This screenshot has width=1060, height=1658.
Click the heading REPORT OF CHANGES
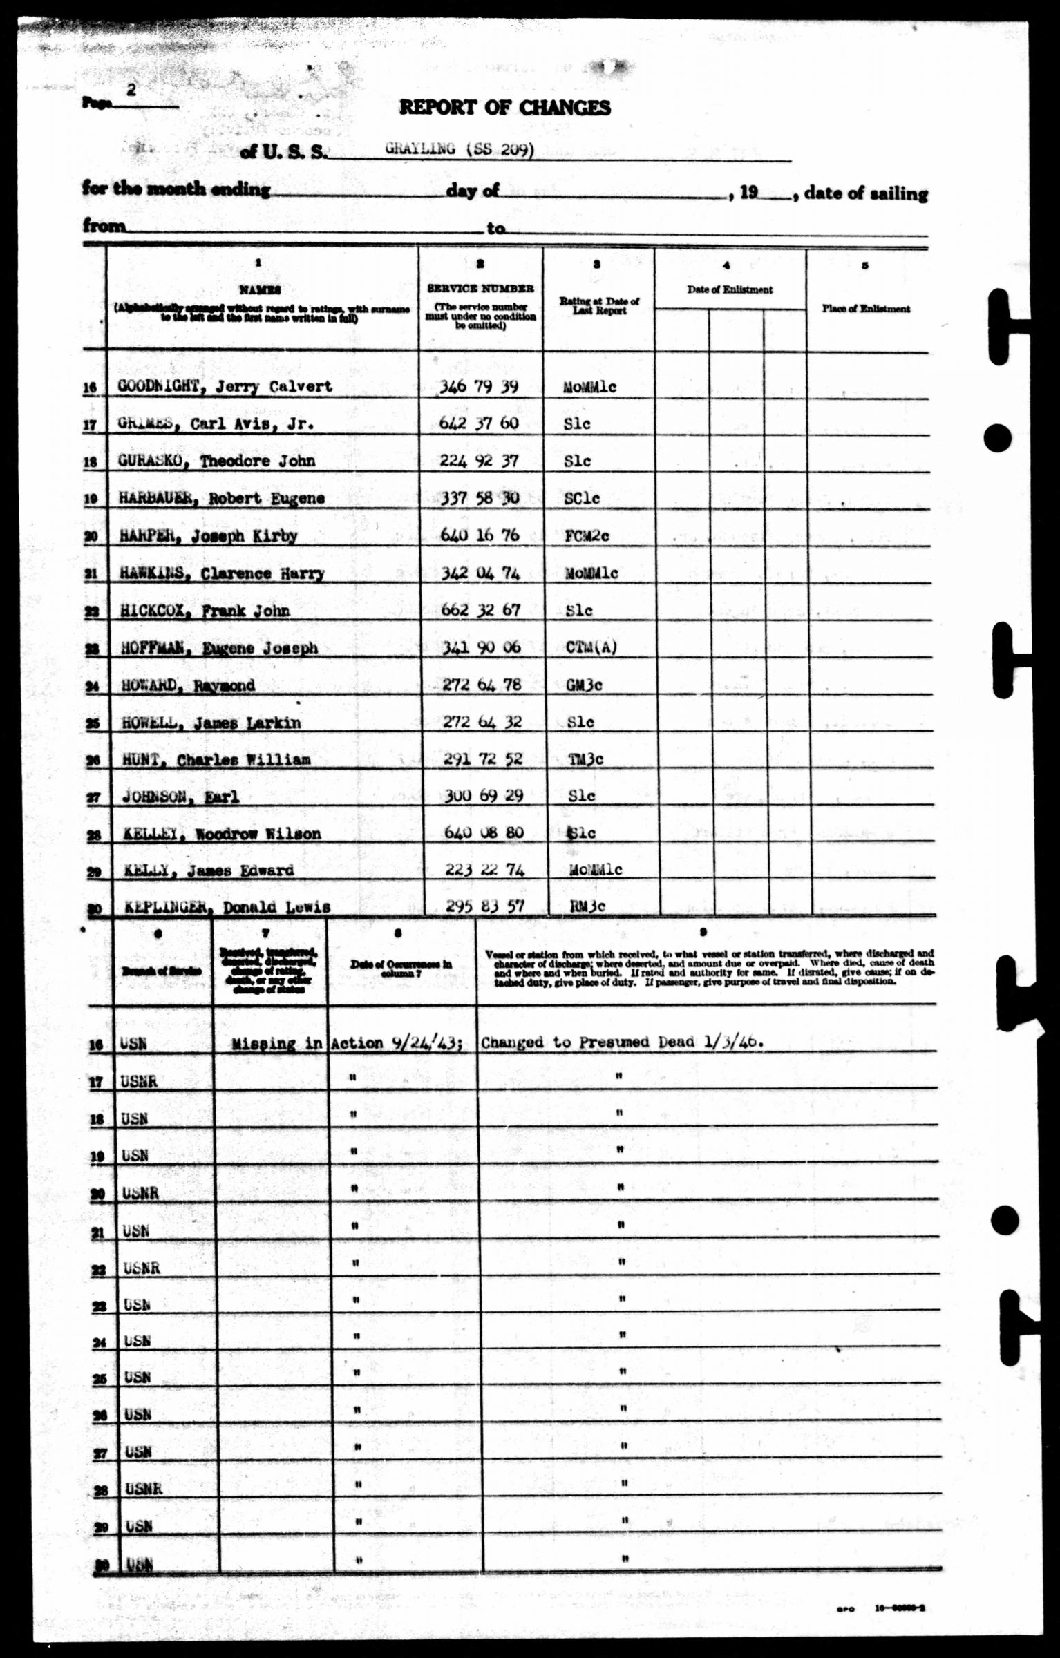(x=504, y=108)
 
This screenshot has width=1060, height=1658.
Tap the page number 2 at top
(x=132, y=90)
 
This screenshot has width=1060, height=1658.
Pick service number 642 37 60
(x=479, y=423)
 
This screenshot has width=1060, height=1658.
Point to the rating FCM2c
(x=587, y=536)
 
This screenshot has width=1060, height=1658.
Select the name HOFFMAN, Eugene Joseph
(x=219, y=648)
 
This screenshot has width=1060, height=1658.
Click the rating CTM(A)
(x=590, y=647)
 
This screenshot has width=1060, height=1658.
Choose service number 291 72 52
(x=482, y=759)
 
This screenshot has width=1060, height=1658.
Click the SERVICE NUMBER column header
(x=480, y=289)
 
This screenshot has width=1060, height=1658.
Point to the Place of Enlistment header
(x=866, y=309)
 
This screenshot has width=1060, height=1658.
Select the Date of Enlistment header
(x=730, y=290)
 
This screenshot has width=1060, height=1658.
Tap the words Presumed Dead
(x=636, y=1042)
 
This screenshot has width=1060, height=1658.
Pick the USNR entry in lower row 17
(x=139, y=1082)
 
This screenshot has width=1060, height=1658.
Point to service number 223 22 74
(x=484, y=869)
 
